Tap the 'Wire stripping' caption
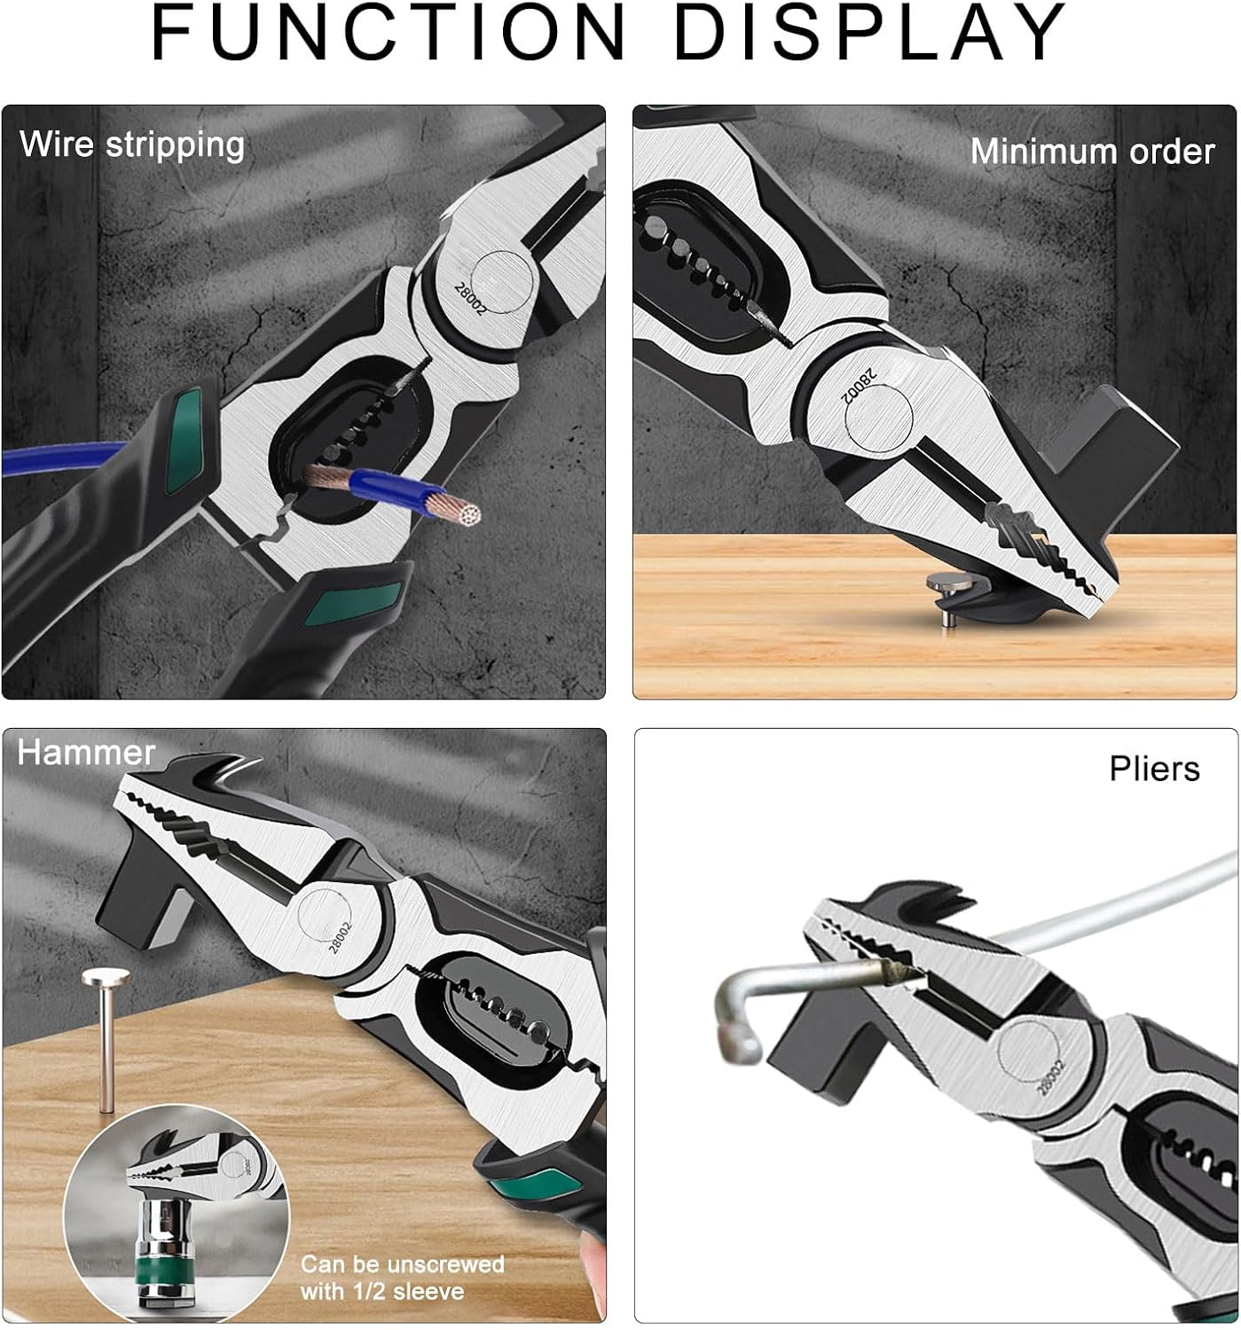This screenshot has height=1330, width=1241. coord(132,145)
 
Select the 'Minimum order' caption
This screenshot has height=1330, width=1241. coord(1092,152)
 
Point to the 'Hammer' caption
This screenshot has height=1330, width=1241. coord(86,753)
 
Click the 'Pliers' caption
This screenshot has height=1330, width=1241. coord(1154,768)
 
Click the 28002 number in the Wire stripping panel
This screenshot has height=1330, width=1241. coord(470,299)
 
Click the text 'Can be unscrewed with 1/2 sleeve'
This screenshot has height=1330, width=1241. coord(402,1278)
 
